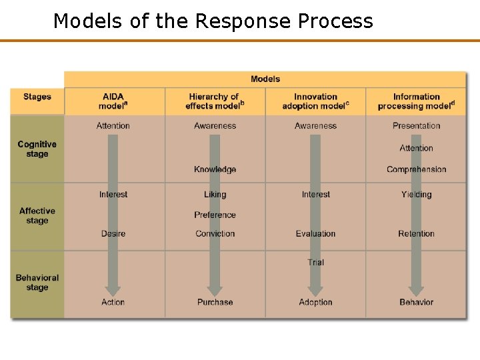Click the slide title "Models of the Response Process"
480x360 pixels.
point(213,21)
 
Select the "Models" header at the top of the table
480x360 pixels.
point(265,79)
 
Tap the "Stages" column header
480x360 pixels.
point(37,97)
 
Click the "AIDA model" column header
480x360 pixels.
point(113,101)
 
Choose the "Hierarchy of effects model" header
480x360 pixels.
point(215,101)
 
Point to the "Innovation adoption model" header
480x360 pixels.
point(315,101)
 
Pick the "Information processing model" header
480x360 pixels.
point(416,101)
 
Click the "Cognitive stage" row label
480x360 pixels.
point(37,149)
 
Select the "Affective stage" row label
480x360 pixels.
point(37,215)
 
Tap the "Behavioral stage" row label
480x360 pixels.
point(37,283)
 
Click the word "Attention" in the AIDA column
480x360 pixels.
point(113,126)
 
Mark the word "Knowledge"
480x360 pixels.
point(215,169)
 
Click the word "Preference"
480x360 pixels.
point(215,215)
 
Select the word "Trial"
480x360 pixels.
point(315,262)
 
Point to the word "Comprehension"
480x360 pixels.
point(416,169)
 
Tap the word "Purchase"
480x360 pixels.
point(215,302)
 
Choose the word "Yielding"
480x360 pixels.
point(416,195)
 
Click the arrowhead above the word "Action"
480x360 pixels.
point(113,290)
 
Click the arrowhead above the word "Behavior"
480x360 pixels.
point(416,290)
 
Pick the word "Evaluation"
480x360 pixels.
point(315,234)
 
